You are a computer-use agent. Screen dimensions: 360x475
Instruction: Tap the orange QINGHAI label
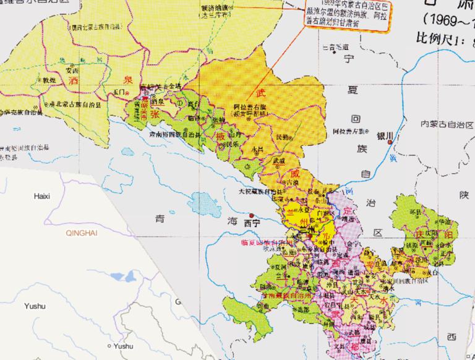[82, 234]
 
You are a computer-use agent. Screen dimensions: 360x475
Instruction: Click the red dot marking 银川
[390, 143]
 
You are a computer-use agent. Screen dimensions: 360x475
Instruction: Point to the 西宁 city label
[252, 221]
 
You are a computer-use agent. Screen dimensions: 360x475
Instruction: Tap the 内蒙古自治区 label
[442, 124]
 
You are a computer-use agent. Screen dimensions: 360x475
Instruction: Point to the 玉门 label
[119, 92]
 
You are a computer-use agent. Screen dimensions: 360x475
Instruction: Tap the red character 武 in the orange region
[260, 93]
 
